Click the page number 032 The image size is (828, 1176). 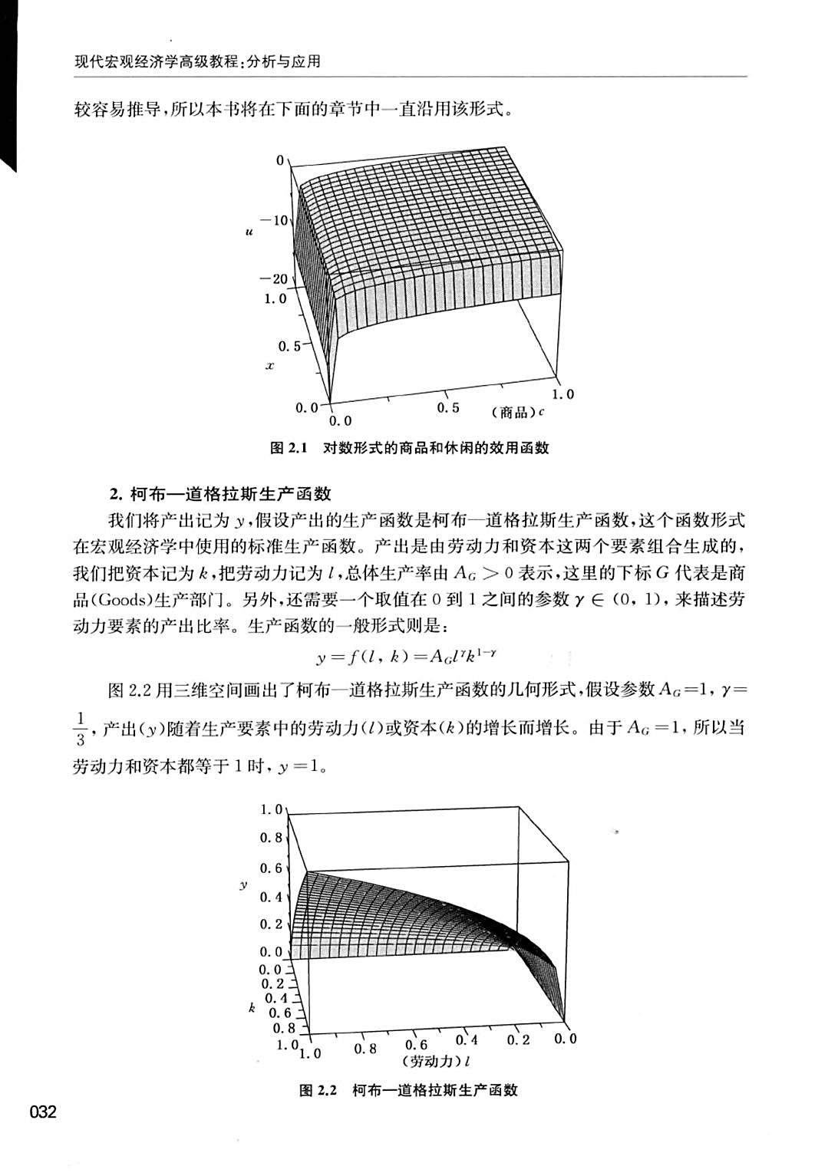(x=43, y=1112)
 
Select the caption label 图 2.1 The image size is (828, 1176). (x=289, y=449)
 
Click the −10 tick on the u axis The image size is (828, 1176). (x=272, y=221)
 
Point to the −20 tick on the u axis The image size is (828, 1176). (x=272, y=279)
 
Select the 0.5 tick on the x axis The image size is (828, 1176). (x=289, y=346)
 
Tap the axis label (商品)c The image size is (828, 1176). (x=518, y=413)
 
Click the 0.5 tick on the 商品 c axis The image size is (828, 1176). (x=448, y=408)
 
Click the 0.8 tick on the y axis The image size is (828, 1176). (x=271, y=838)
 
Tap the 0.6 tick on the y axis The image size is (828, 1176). (x=271, y=868)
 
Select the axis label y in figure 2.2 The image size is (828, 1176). (x=243, y=884)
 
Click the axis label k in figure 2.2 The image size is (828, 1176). (x=251, y=1008)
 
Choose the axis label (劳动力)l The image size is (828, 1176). (x=435, y=1062)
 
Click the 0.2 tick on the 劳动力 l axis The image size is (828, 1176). (x=519, y=1041)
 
